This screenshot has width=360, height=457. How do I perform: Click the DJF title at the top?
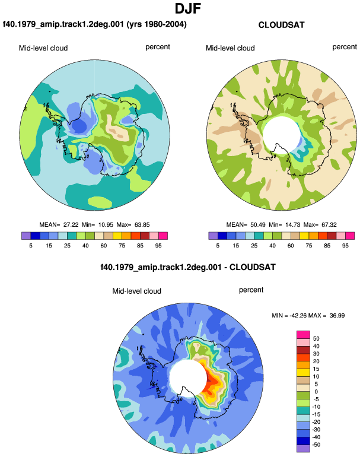tap(188, 8)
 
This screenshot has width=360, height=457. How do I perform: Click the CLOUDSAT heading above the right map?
tap(281, 25)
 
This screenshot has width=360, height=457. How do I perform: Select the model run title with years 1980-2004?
tap(95, 24)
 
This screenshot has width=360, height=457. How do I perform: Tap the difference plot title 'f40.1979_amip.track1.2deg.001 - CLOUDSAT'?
tap(188, 267)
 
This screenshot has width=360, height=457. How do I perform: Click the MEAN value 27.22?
tap(71, 225)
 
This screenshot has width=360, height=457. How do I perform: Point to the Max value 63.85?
tap(142, 225)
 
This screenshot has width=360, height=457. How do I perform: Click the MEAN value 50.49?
tap(258, 225)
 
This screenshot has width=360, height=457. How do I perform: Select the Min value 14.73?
tap(292, 225)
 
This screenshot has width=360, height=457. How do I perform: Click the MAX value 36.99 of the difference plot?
tap(337, 316)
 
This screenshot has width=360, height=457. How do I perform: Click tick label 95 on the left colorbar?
tap(158, 246)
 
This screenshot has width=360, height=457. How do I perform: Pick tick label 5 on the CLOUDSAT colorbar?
tap(218, 246)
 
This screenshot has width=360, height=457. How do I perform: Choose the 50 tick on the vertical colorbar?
tap(316, 339)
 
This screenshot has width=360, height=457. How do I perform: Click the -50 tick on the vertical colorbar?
tap(316, 445)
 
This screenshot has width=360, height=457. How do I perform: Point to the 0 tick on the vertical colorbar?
tap(316, 392)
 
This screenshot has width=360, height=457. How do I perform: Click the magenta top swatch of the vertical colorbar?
tap(303, 335)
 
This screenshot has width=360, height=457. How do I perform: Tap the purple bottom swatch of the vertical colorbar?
tap(303, 449)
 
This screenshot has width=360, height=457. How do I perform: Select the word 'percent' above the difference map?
tap(251, 290)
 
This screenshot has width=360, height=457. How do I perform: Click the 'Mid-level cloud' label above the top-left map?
tap(43, 48)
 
